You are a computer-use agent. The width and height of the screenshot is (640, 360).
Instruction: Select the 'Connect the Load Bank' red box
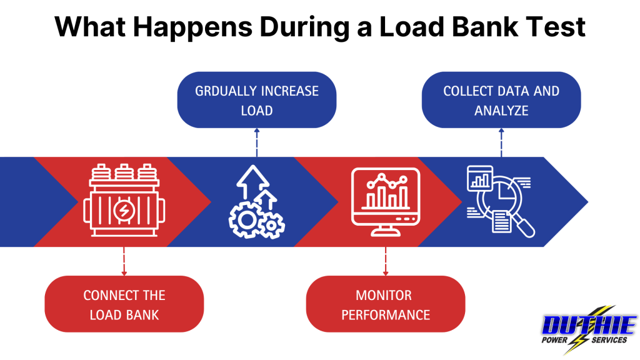click(124, 304)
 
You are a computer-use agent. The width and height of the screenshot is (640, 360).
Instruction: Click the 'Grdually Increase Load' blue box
click(257, 100)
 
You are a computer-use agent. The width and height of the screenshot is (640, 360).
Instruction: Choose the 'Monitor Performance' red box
click(385, 304)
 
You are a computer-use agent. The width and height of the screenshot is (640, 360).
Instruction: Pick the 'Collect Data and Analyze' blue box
click(501, 100)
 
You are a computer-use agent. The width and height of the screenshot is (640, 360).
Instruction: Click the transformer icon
click(123, 201)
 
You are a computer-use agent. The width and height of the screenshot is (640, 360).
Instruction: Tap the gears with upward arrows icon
click(256, 202)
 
